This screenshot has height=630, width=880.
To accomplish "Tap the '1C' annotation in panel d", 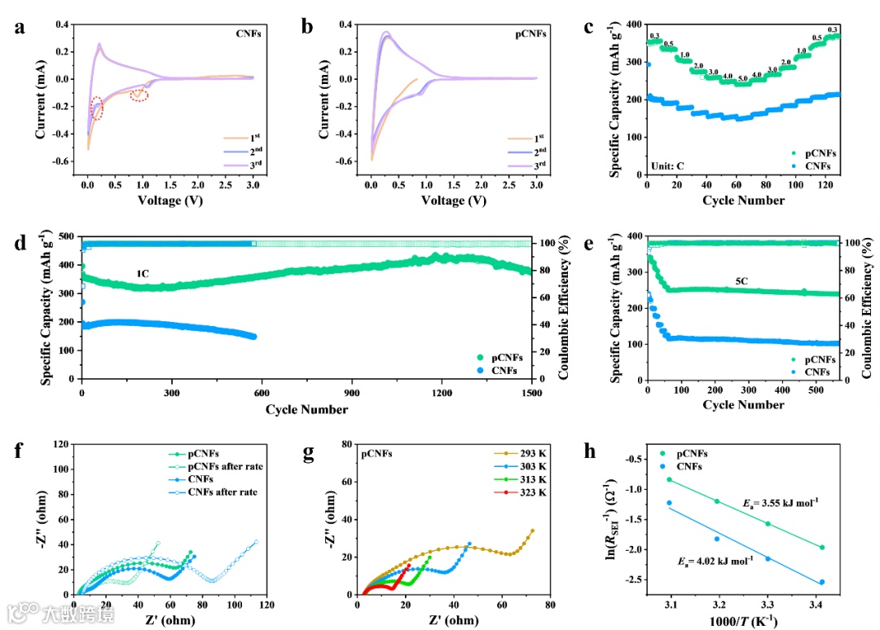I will click(142, 275).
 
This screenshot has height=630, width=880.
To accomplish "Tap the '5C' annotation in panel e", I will click(741, 281).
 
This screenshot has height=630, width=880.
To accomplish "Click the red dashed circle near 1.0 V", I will click(139, 95).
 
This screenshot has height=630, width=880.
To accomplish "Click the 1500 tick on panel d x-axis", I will click(531, 393).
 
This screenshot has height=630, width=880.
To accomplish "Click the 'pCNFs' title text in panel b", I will click(531, 35).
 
